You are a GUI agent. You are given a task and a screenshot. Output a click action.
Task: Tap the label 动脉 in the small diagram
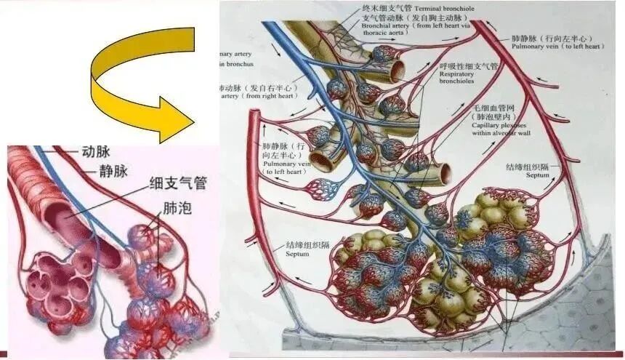coord(92,153)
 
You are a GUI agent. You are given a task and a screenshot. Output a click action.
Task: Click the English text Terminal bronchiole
coord(439,8)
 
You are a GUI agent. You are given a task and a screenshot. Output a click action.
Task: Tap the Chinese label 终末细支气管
coord(384,8)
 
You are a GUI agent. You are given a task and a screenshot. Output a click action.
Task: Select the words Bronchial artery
coord(385,26)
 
